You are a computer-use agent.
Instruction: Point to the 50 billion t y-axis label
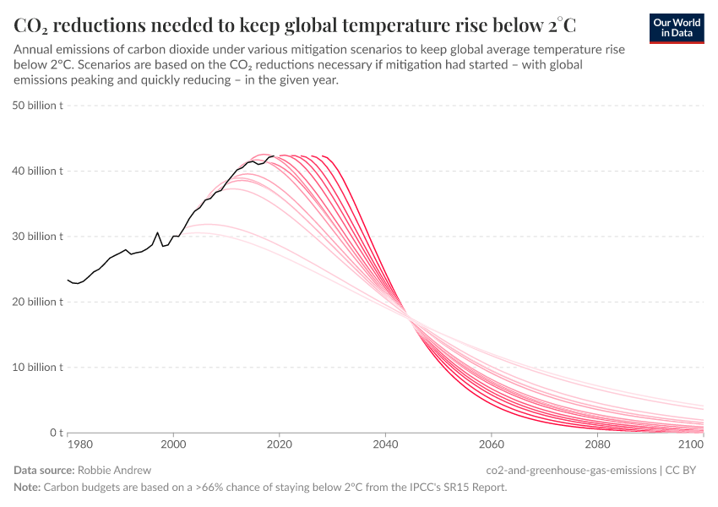tap(38, 106)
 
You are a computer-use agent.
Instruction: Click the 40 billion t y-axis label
tap(38, 171)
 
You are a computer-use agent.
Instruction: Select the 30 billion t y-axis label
tap(38, 237)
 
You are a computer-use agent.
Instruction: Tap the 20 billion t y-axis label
tap(38, 302)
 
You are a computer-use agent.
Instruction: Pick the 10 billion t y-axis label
tap(38, 368)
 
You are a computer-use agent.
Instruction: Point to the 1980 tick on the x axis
tap(79, 444)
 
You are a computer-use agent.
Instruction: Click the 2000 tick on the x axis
tap(173, 444)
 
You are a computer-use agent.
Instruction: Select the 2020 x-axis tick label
tap(279, 444)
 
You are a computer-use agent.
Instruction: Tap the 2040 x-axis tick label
tap(385, 444)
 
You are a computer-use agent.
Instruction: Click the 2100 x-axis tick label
tap(691, 444)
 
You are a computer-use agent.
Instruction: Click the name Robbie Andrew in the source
tap(113, 470)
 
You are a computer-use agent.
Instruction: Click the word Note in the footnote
tap(28, 487)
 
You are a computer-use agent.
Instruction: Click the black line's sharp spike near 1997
tap(157, 232)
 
